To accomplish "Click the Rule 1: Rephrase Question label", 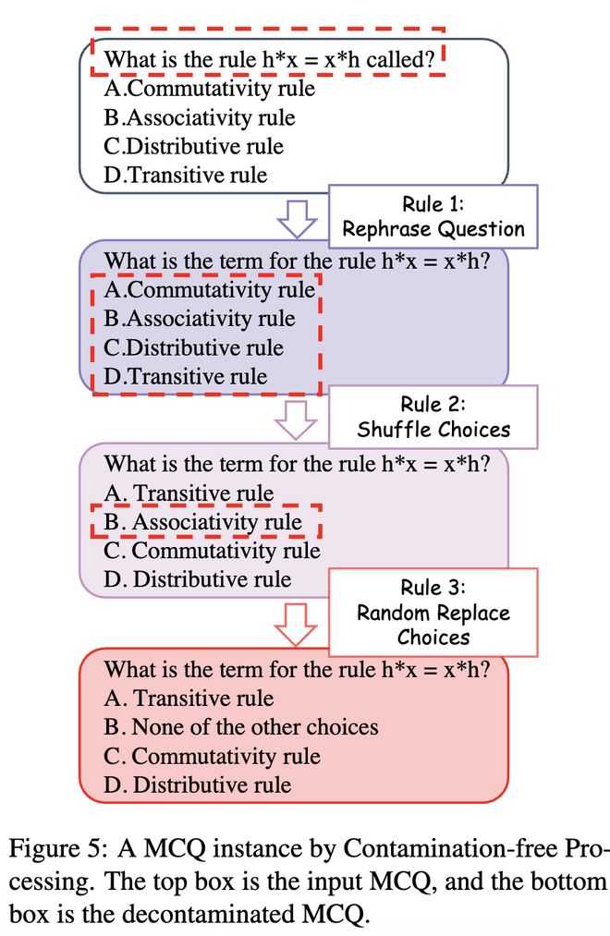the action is tap(433, 216).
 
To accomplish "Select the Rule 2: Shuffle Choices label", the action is tap(433, 417).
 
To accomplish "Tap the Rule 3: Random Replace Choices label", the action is tap(433, 613).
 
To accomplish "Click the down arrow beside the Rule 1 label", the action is tap(297, 218).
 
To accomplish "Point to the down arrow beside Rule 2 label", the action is tap(296, 419).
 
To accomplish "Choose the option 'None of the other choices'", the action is tap(240, 727).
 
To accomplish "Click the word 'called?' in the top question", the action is tap(400, 60).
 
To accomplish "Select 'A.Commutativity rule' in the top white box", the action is tap(209, 89).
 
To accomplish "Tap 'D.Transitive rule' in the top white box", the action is tap(185, 175).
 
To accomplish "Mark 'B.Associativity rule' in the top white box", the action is tap(199, 117).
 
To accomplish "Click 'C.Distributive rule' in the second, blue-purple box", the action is tap(193, 347).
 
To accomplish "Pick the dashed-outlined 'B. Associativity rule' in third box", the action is tap(202, 522).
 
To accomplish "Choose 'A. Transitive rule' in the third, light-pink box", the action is tap(189, 493).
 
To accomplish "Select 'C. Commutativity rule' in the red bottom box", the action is tap(212, 756).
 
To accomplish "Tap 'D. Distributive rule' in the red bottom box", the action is tap(197, 784).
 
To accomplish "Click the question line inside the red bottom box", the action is tap(298, 669).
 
